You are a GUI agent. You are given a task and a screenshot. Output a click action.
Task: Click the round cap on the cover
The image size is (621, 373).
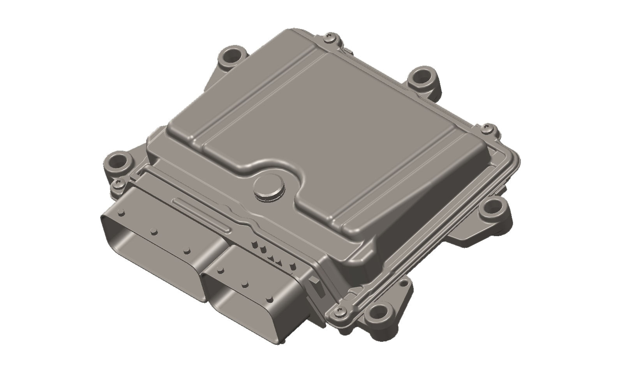click(x=269, y=189)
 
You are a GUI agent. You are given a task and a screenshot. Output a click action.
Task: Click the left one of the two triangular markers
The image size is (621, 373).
click(x=272, y=257)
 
